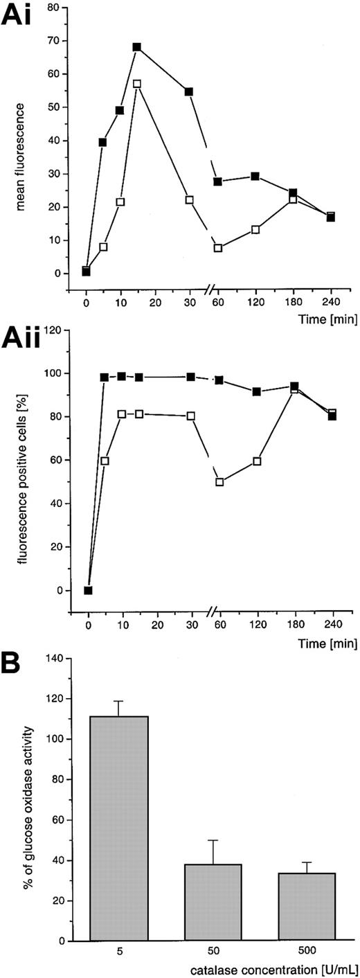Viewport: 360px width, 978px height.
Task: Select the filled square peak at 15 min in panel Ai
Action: (137, 47)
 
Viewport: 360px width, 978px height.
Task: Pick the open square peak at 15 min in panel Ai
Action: (137, 84)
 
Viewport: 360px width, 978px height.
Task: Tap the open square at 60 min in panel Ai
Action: (219, 248)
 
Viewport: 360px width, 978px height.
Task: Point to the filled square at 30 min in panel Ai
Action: (188, 91)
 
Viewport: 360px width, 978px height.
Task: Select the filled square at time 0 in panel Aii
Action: (89, 590)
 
